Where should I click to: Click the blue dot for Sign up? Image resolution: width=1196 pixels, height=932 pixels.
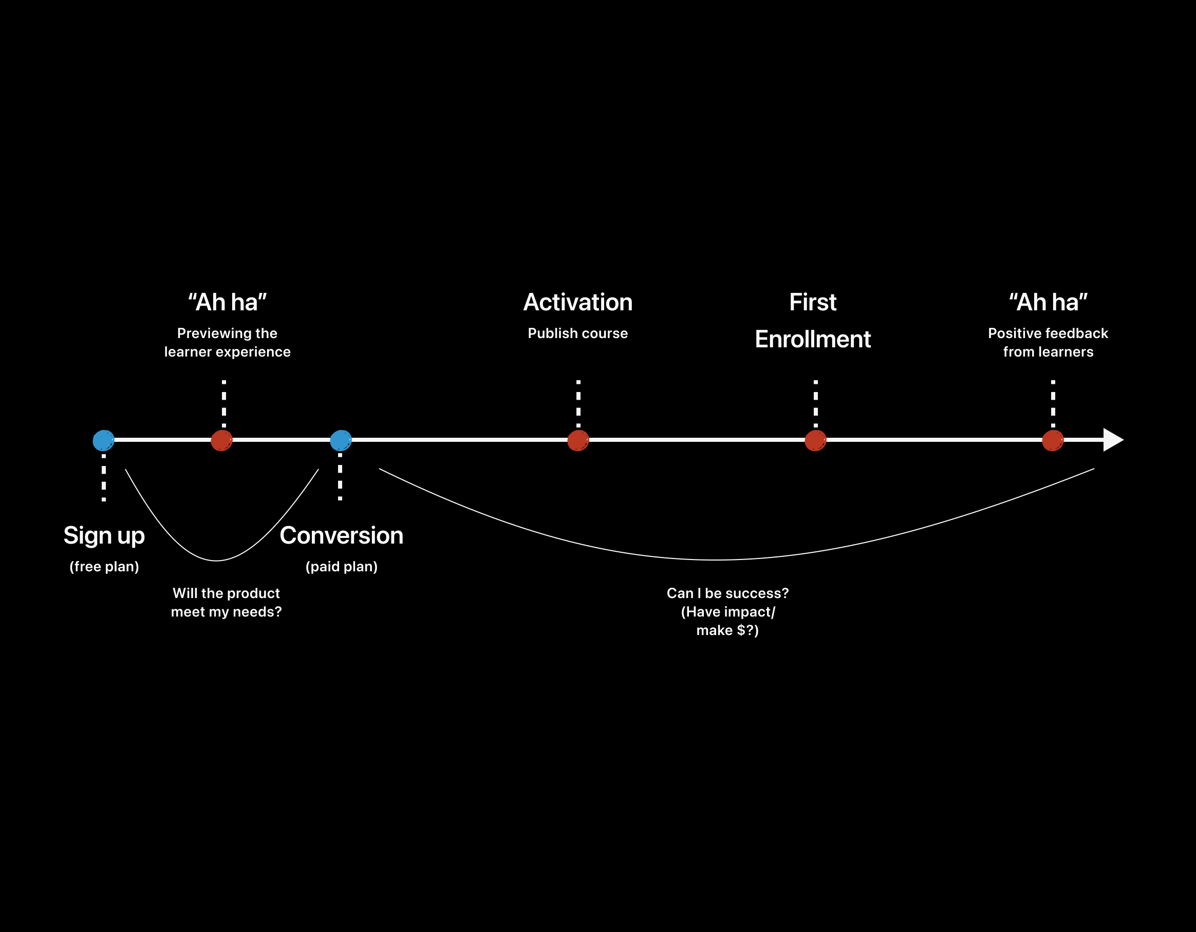103,440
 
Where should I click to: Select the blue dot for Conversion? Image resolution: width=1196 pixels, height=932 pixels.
341,440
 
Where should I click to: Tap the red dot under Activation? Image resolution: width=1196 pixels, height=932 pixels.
578,440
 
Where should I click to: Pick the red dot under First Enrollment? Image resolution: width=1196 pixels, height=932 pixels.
815,440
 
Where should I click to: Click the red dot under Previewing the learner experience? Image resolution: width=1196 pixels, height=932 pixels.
222,440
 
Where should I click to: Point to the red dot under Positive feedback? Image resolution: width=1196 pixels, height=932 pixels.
1053,440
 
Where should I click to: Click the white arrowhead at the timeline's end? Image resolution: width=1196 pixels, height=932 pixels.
1112,440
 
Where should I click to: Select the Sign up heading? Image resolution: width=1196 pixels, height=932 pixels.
104,535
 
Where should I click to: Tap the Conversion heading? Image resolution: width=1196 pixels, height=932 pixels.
341,535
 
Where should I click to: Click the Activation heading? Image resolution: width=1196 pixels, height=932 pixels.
578,302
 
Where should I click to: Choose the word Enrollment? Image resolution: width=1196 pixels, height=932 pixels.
813,340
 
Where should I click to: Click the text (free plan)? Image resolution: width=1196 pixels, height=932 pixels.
104,566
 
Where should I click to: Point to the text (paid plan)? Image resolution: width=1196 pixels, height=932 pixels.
341,566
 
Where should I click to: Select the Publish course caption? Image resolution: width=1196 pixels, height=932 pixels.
578,333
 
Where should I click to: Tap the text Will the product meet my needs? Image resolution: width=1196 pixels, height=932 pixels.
226,602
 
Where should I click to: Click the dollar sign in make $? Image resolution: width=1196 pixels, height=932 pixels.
741,630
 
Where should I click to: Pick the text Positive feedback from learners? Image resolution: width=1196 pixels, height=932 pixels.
1048,342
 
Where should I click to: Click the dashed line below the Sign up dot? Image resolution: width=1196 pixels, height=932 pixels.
103,477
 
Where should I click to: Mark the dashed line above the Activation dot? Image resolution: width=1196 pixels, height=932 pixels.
578,403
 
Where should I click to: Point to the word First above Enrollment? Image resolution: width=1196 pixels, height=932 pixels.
813,302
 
